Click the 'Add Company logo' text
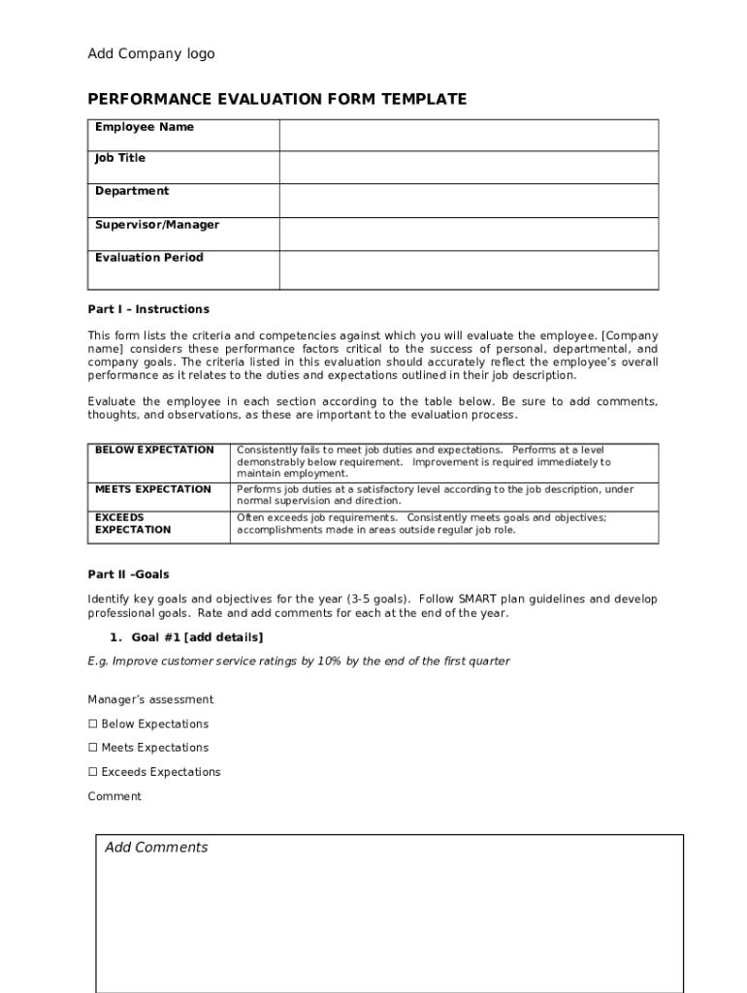(151, 54)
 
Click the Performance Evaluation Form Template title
(276, 99)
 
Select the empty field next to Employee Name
(469, 135)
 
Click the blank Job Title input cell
(469, 168)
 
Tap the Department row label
(132, 191)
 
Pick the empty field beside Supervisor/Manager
(469, 234)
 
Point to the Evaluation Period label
(149, 257)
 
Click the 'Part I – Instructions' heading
(148, 309)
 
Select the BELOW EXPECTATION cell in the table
(154, 450)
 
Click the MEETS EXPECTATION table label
(152, 490)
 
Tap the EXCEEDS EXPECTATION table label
(133, 524)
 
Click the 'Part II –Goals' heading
(128, 574)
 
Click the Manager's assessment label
(150, 699)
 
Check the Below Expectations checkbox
(94, 724)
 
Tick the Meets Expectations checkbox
(94, 748)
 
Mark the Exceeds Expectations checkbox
(94, 772)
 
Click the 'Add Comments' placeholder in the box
(156, 848)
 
